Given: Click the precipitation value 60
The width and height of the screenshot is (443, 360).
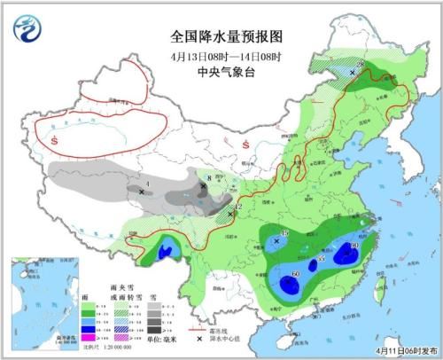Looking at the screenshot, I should tap(295, 275).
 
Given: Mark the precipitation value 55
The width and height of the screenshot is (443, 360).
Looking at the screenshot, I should tap(321, 258).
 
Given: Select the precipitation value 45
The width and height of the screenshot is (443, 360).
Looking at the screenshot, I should tap(284, 232).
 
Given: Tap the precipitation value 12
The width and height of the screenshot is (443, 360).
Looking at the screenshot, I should tap(237, 207).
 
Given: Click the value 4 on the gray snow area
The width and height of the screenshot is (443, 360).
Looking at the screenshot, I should tap(147, 184).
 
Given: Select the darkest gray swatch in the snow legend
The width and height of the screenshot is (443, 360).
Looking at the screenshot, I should tap(152, 329).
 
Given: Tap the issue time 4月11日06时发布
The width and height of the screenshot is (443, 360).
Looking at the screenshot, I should tap(404, 351).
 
